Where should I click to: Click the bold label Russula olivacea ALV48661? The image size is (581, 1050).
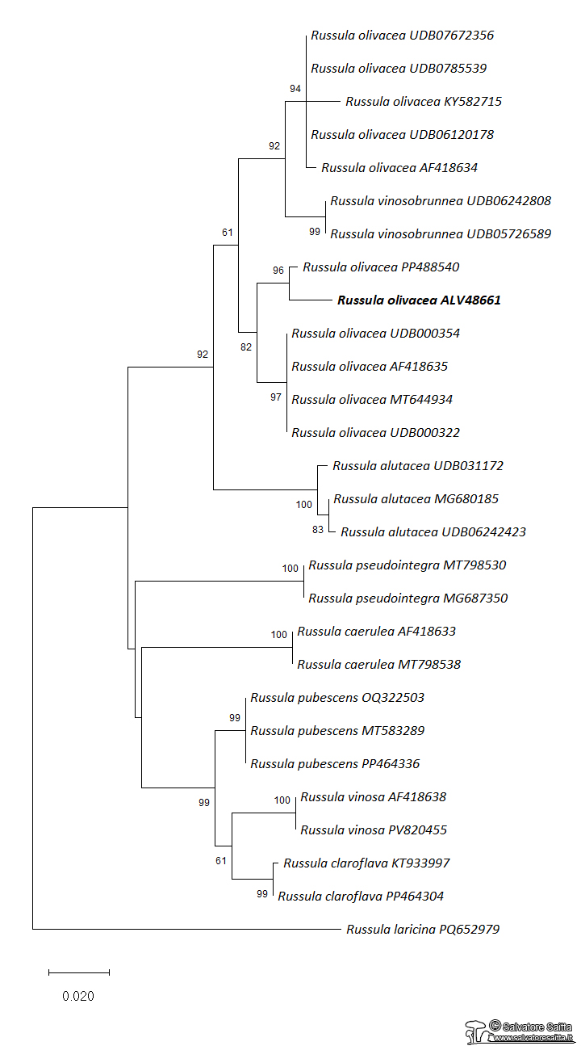[419, 300]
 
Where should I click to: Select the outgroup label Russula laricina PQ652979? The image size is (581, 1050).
[423, 930]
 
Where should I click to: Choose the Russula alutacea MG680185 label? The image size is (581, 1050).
[416, 499]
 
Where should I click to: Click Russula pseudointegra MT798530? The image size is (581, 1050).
[408, 565]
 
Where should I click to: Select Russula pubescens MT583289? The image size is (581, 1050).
[337, 731]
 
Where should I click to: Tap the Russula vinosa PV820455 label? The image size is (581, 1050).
[373, 830]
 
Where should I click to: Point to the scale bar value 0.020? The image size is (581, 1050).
[78, 996]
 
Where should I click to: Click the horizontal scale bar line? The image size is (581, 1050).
[78, 972]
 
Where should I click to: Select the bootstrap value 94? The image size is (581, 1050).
[295, 88]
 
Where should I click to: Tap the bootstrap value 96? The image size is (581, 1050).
[278, 271]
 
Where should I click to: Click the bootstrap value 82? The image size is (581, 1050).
[247, 346]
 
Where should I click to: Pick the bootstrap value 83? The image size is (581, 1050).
[317, 530]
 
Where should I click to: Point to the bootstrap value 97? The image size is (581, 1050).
[276, 397]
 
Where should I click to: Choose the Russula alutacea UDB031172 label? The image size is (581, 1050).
[418, 466]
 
